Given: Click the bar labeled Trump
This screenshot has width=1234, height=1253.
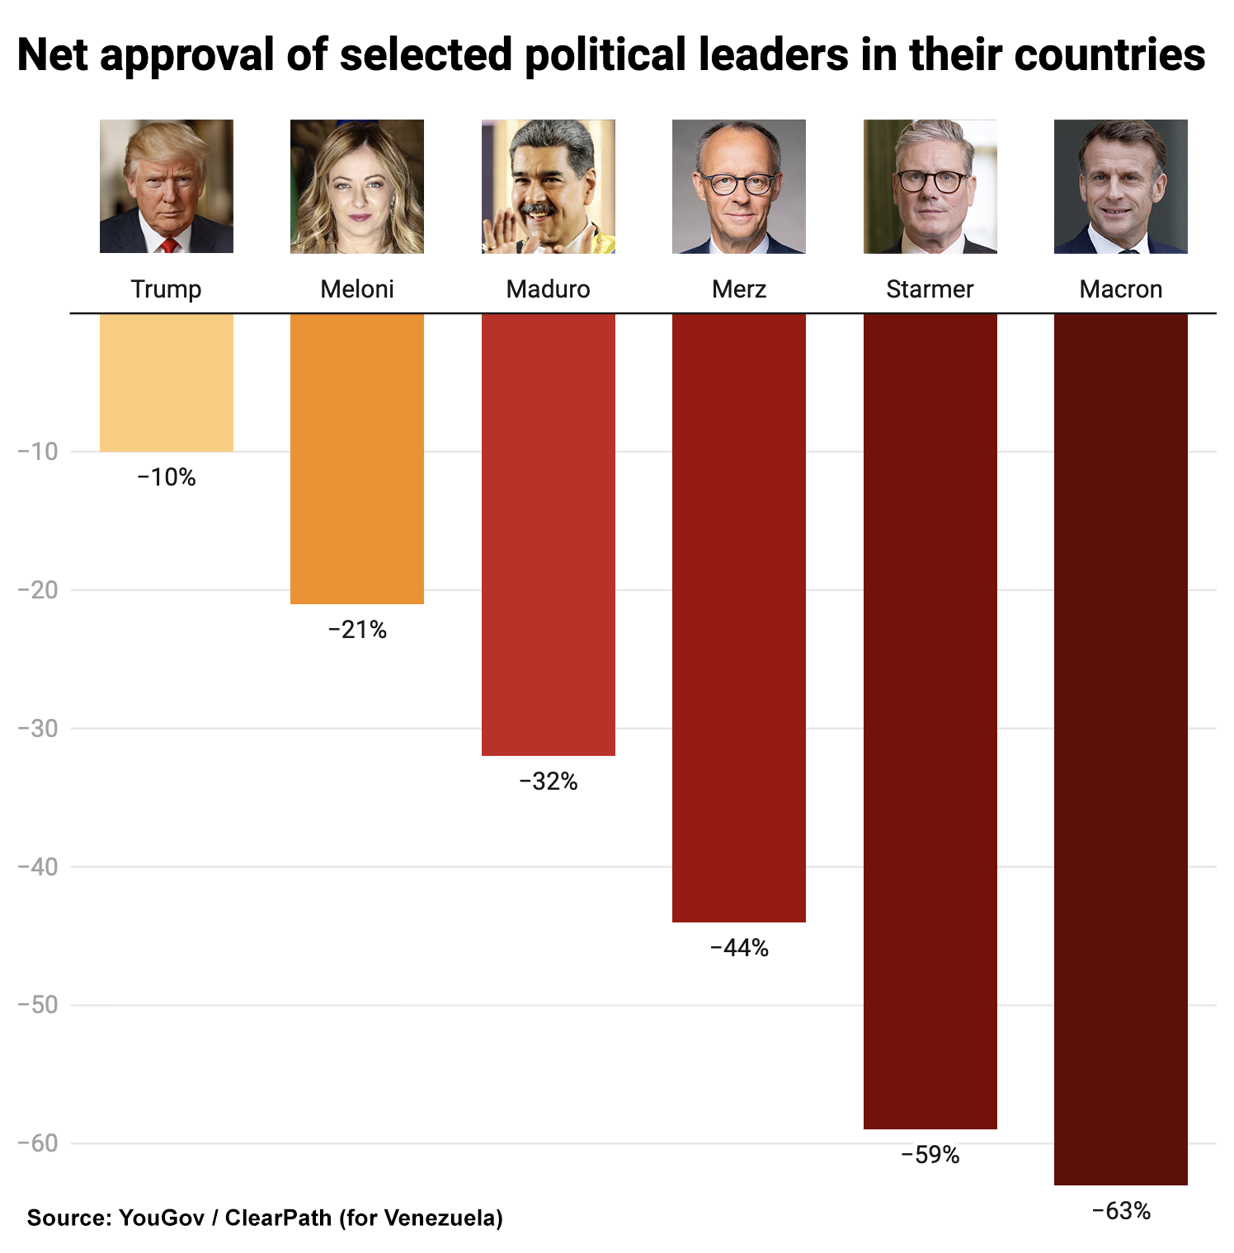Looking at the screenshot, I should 166,382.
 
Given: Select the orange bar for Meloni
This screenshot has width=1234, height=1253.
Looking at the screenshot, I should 356,458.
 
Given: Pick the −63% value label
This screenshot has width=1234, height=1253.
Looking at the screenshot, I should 1120,1211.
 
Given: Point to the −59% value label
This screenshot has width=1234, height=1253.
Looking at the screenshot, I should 930,1155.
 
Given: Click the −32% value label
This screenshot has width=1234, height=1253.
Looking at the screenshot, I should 548,781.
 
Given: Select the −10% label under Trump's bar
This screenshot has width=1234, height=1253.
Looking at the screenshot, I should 166,477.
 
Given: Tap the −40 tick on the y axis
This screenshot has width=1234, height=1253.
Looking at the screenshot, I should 38,866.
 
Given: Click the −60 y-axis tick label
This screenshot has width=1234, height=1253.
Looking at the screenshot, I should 38,1143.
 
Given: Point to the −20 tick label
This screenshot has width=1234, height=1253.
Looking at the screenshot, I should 38,589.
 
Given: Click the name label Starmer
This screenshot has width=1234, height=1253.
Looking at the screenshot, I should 930,289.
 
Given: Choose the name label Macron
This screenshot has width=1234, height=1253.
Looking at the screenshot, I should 1120,289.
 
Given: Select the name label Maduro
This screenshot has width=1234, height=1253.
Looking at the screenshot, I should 548,289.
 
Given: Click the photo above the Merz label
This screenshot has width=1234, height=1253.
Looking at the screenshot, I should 738,186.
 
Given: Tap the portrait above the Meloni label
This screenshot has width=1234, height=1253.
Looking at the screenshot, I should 356,186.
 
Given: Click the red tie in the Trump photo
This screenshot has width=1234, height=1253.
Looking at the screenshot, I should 168,245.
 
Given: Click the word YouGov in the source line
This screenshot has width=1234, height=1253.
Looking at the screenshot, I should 161,1218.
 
